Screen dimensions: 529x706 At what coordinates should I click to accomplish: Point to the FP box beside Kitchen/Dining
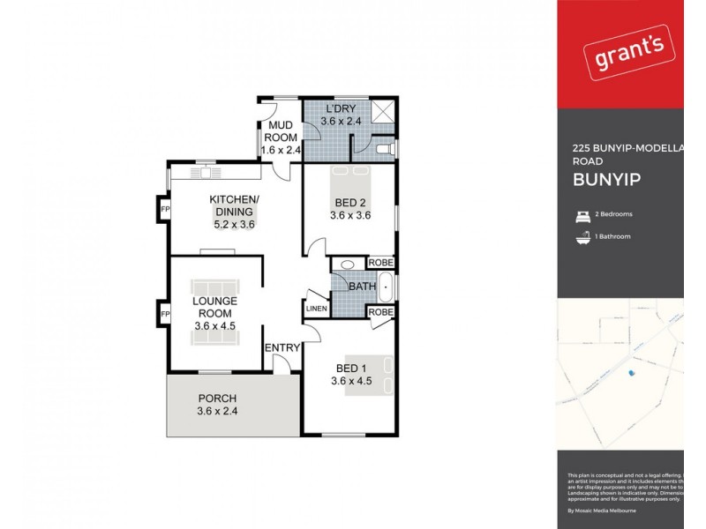tap(165, 209)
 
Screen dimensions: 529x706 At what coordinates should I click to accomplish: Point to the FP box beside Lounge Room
tap(165, 314)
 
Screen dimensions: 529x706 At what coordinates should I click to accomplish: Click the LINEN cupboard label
tap(317, 308)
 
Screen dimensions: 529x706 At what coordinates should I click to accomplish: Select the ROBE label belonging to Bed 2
tap(380, 262)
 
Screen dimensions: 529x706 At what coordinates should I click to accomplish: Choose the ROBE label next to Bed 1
tap(380, 312)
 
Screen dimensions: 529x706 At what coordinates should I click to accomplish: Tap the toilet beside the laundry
tap(381, 151)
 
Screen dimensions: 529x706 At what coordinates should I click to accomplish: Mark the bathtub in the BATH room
tap(386, 287)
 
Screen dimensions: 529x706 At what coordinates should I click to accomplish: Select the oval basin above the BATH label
tap(348, 264)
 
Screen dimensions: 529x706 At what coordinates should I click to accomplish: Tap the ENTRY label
tap(283, 348)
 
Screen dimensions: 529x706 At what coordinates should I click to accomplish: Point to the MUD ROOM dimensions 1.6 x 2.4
tap(281, 151)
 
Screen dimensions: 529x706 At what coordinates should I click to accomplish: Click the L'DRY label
tap(340, 108)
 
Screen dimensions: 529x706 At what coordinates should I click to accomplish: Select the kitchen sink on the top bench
tap(205, 162)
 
